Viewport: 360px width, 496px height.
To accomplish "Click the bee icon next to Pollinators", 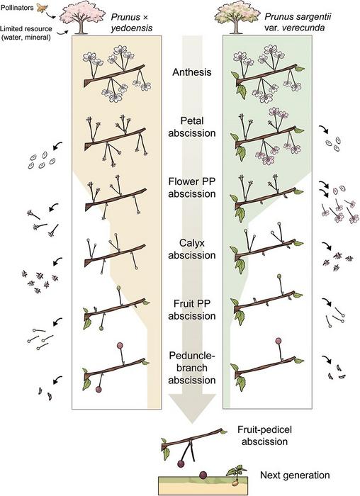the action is coord(41,8).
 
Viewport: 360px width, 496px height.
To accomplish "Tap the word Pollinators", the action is coord(17,7).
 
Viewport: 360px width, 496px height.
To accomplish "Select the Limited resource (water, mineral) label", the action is coord(26,33).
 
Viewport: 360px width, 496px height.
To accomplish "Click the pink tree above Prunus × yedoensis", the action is coord(82,18).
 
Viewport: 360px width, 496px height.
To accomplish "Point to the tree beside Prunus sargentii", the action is coord(236,18).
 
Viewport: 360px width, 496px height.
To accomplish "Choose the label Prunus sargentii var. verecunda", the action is coord(294,22).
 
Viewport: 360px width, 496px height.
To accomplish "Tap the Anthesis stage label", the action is coord(192,72).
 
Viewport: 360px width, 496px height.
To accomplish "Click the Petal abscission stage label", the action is coord(192,127).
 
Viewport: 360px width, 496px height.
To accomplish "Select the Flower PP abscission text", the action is coord(192,188).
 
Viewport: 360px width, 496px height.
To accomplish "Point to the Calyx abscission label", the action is coord(192,249).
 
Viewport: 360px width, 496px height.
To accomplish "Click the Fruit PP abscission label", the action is coord(192,310).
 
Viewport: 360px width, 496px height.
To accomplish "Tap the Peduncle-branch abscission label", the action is coord(192,368).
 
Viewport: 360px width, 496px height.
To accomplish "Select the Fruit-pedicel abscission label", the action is coord(264,436).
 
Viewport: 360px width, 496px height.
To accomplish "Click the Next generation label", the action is coord(295,475).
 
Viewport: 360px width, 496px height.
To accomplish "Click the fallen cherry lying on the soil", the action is coord(203,475).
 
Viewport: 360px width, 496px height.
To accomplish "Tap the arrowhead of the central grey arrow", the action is coord(192,408).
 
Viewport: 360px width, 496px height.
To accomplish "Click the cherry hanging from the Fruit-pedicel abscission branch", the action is coord(181,463).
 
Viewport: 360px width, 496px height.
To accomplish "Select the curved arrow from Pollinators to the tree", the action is coord(52,14).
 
